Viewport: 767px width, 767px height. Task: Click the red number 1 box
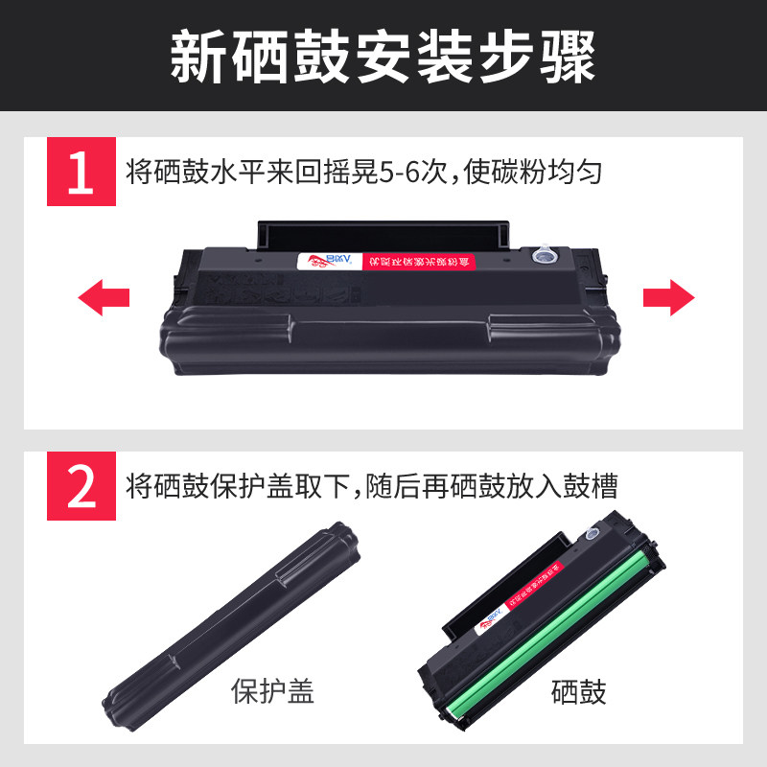(81, 173)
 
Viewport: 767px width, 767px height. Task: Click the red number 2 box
(81, 487)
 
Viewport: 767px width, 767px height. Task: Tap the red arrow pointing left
(103, 297)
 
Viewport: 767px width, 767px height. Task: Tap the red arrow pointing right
(668, 297)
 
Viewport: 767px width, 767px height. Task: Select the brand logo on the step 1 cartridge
(326, 261)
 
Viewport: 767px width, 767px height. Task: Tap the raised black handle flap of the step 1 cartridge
(383, 233)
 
